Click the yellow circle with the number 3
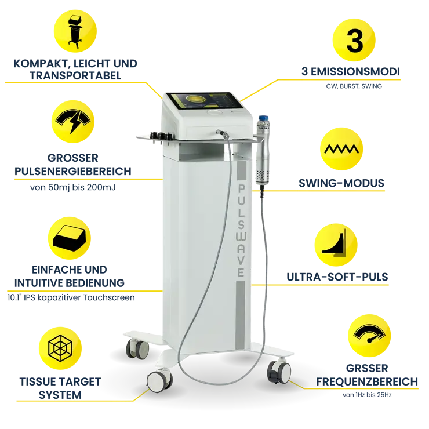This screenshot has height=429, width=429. pyautogui.click(x=354, y=40)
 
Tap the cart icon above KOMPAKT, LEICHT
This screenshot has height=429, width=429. pyautogui.click(x=75, y=32)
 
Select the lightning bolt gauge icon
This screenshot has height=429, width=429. pyautogui.click(x=73, y=121)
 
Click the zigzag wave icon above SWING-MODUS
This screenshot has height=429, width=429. pyautogui.click(x=341, y=149)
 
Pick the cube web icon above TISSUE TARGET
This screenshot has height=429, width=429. pyautogui.click(x=60, y=348)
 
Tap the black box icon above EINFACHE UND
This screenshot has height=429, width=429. pyautogui.click(x=69, y=238)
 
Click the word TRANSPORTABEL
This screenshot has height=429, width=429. pyautogui.click(x=75, y=75)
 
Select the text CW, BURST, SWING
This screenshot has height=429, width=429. pyautogui.click(x=354, y=86)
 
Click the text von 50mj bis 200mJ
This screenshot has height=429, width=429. pyautogui.click(x=73, y=187)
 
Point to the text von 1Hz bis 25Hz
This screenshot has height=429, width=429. pyautogui.click(x=367, y=395)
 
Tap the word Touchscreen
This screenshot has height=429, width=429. pyautogui.click(x=109, y=297)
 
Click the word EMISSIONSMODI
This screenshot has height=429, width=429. pyautogui.click(x=355, y=72)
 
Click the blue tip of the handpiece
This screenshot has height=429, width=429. pyautogui.click(x=263, y=118)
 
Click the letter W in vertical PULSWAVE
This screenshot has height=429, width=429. pyautogui.click(x=241, y=237)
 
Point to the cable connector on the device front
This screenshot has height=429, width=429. pyautogui.click(x=222, y=133)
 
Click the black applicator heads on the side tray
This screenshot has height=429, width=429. pyautogui.click(x=161, y=136)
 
